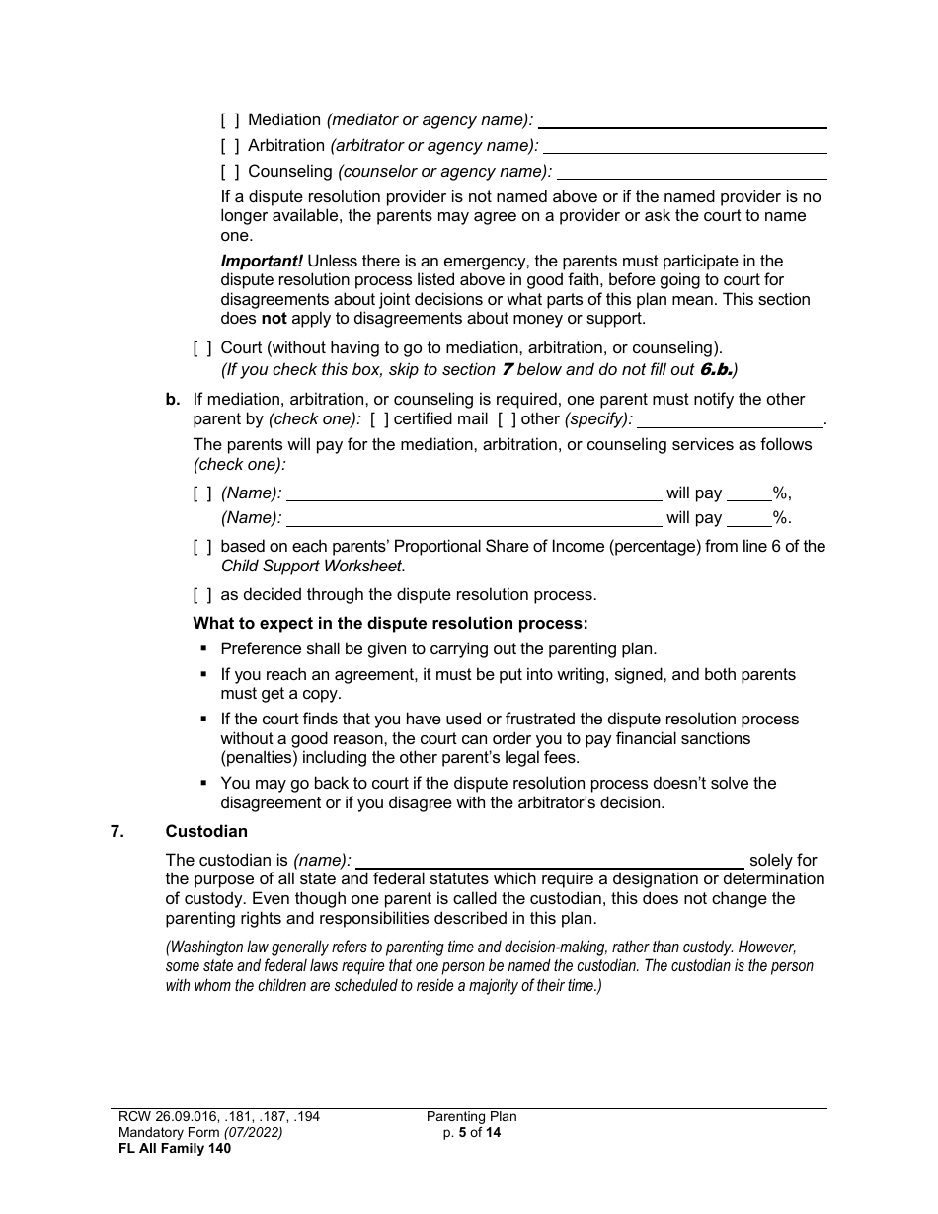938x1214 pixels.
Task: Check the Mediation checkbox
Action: (x=229, y=120)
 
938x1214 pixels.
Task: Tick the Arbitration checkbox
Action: (x=229, y=146)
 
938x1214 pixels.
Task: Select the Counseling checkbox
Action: (x=229, y=172)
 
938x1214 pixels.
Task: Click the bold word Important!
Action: (x=262, y=262)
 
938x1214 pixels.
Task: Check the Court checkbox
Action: (x=201, y=348)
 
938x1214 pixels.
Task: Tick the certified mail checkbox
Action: (x=379, y=419)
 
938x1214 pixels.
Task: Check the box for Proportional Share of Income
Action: (x=201, y=547)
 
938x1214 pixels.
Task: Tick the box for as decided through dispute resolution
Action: (x=201, y=595)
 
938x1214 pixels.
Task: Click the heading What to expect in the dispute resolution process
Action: (x=390, y=624)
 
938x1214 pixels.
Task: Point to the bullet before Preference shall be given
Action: (x=203, y=648)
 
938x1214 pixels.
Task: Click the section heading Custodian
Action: (x=206, y=832)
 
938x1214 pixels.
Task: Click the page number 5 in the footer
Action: (x=462, y=1133)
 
